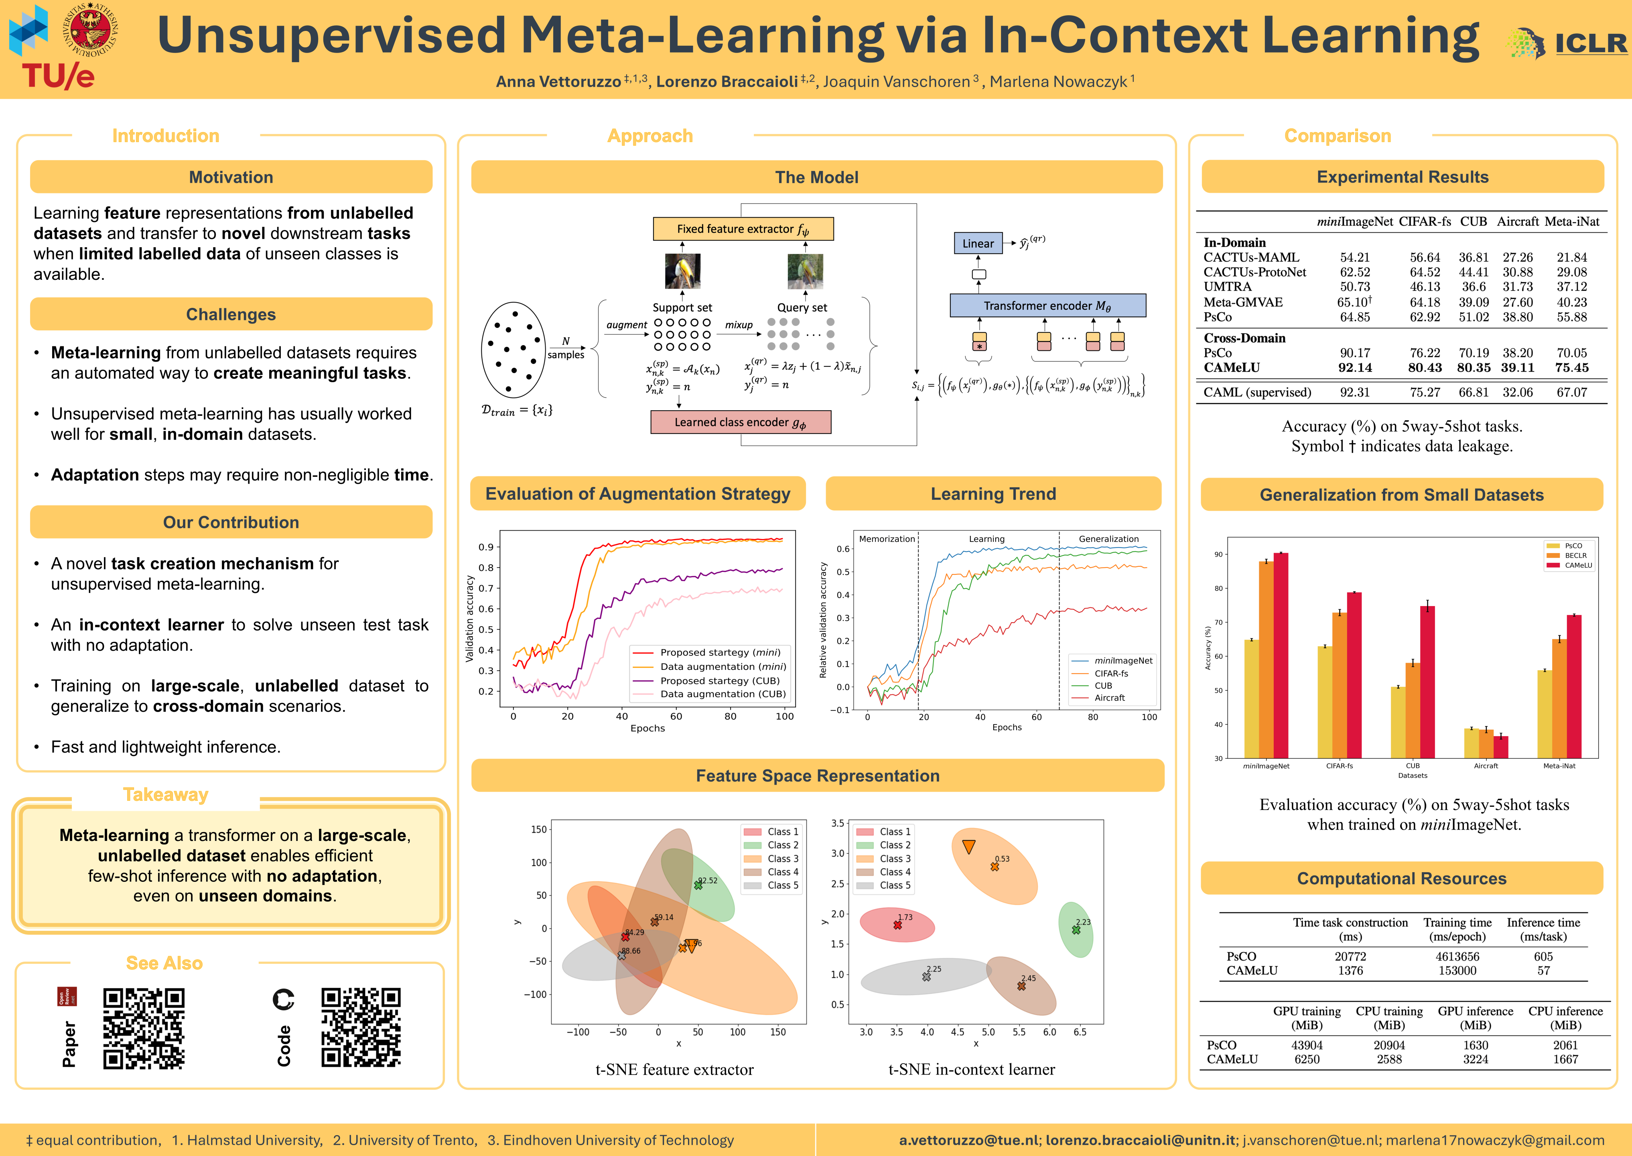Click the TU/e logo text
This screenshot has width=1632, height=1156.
(58, 75)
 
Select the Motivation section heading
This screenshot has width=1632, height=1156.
(231, 177)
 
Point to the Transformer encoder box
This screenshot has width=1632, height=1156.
(1047, 305)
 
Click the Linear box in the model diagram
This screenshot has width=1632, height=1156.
(978, 244)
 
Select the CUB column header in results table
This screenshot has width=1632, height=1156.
(1474, 222)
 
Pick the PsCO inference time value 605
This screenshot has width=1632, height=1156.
(1543, 957)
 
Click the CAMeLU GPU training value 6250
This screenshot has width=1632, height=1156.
(1307, 1059)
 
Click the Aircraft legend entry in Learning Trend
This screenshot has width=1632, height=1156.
(1109, 698)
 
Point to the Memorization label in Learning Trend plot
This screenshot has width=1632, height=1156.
(887, 539)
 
